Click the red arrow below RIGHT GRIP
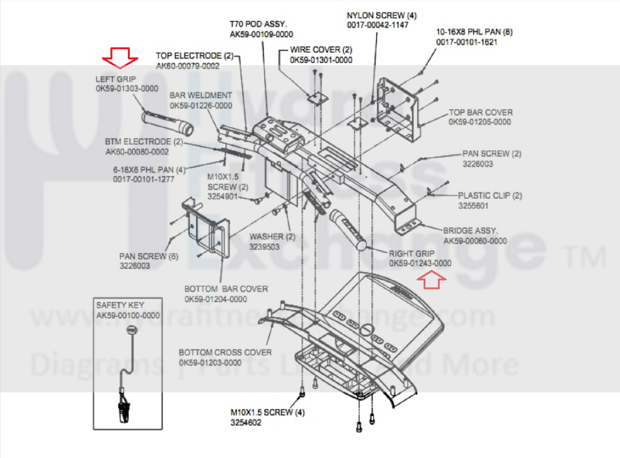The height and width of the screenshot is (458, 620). click(431, 280)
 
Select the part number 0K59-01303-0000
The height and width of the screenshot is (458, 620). click(127, 88)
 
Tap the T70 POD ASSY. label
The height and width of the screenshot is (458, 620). click(258, 24)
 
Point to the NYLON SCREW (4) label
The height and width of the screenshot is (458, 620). click(382, 16)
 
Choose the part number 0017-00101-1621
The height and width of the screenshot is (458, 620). click(466, 42)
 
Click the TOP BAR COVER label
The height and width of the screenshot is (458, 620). click(481, 113)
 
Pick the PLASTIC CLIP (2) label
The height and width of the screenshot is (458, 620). click(490, 196)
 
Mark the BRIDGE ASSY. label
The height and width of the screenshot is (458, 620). click(470, 231)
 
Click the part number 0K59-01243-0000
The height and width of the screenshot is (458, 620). click(420, 264)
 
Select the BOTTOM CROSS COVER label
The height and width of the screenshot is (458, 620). click(225, 352)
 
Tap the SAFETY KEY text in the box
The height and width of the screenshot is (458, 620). click(120, 305)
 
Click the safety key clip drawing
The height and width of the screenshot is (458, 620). click(124, 411)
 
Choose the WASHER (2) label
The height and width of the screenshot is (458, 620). click(272, 237)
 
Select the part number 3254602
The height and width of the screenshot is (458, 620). click(246, 423)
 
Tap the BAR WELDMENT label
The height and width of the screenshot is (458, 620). click(200, 95)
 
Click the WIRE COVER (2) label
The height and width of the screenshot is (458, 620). click(321, 50)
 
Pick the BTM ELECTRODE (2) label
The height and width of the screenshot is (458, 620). click(144, 142)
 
